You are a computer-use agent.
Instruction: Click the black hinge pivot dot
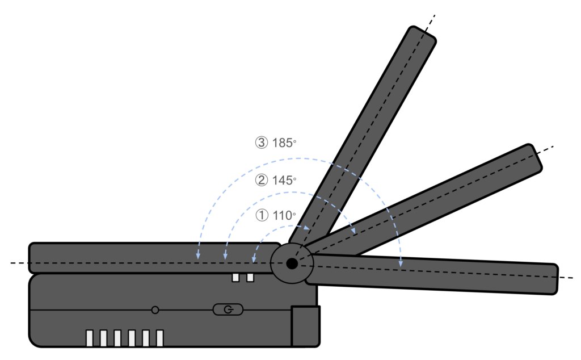point(292,263)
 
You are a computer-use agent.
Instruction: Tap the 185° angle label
point(284,143)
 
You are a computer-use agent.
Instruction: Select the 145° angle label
point(284,181)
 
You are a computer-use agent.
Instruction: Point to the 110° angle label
point(284,215)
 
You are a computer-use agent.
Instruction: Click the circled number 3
point(261,143)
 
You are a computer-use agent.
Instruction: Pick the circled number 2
point(261,181)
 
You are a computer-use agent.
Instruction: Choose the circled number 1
point(262,215)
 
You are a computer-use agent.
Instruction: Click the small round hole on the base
point(155,310)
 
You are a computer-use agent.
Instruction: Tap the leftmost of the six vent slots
point(89,338)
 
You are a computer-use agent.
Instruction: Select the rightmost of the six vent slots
point(159,338)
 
